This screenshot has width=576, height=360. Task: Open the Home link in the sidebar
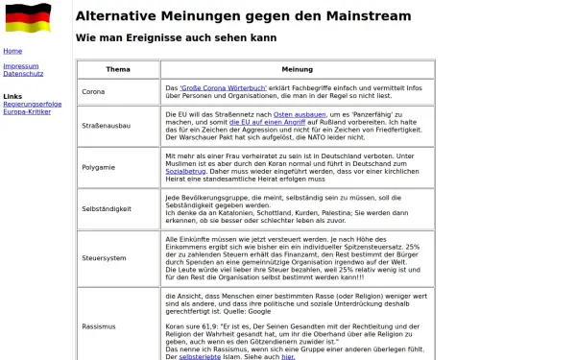[x=12, y=51]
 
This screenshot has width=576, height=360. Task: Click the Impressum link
[x=20, y=66]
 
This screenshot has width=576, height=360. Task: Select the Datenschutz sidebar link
[x=24, y=74]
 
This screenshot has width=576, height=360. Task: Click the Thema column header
[x=118, y=70]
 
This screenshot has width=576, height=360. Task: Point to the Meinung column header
[x=298, y=70]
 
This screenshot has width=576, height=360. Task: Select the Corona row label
[x=94, y=91]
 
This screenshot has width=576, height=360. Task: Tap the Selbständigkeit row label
[x=107, y=208]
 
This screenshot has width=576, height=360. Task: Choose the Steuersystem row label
[x=104, y=258]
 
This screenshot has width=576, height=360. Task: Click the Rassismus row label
[x=100, y=325]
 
